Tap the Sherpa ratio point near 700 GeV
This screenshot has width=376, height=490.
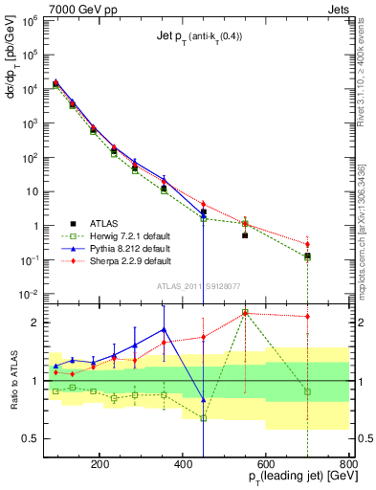coord(307,316)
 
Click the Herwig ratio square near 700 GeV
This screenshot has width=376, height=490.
coord(307,391)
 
